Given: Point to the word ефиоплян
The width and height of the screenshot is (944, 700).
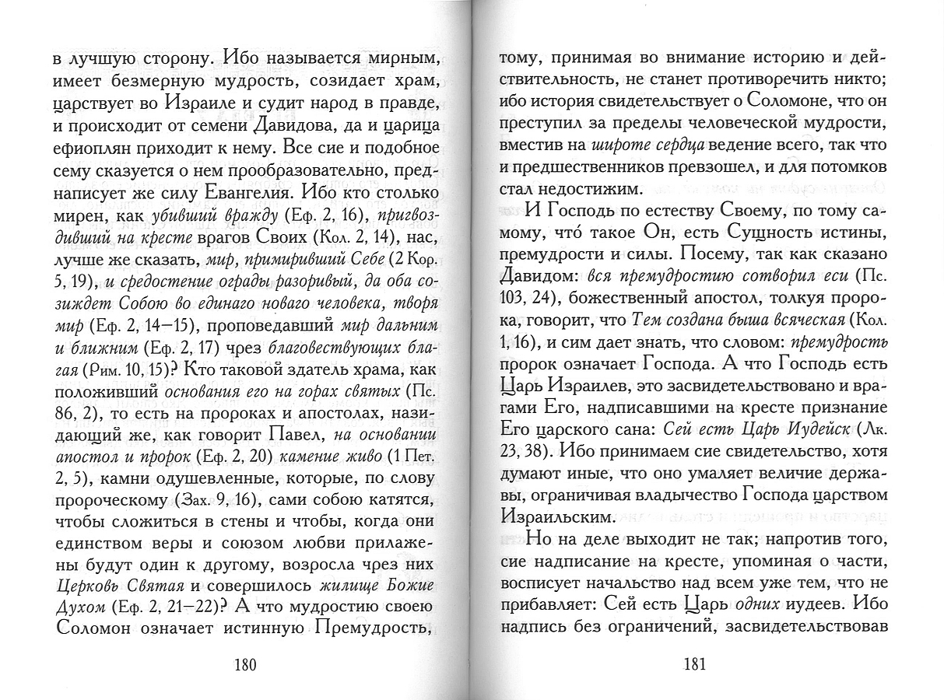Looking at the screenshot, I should pos(87,147).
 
